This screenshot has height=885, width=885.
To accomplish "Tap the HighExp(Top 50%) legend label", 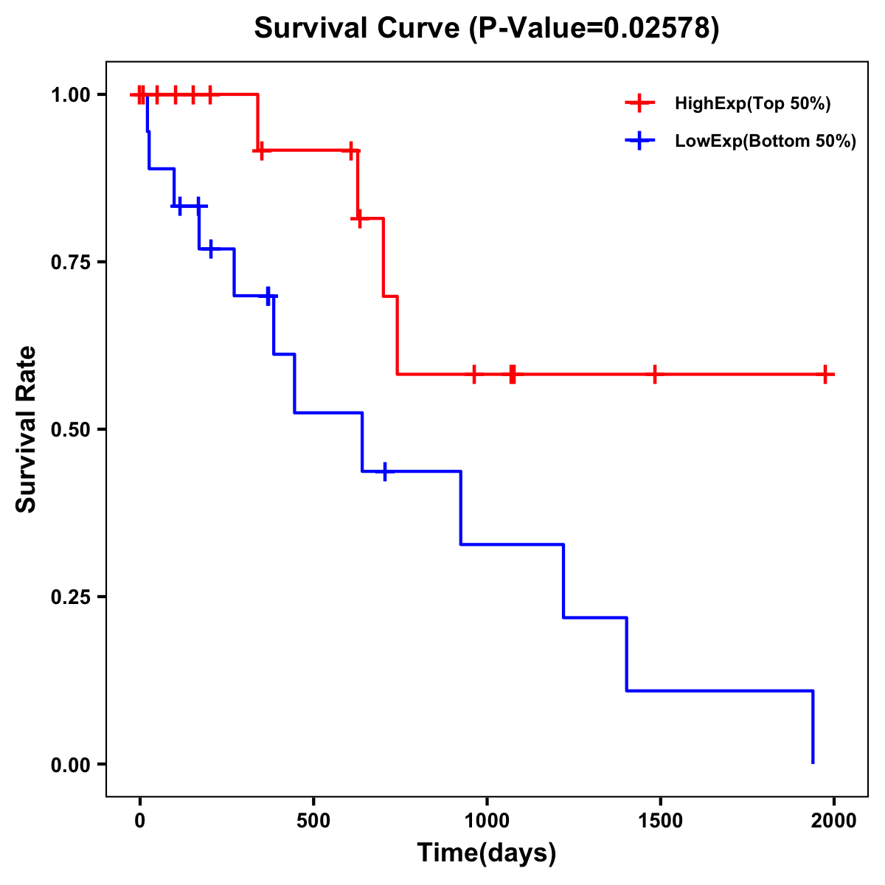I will tap(752, 104).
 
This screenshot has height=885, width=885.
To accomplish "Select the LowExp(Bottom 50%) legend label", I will tap(766, 142).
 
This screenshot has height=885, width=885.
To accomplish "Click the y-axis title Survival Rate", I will tap(27, 428).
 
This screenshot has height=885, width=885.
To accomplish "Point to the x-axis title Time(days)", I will tap(487, 853).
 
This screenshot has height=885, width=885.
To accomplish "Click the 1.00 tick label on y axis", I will tap(70, 95).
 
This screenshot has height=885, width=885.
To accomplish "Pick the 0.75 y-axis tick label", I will tap(70, 263).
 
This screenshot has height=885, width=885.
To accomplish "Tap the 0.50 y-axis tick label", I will tap(70, 430).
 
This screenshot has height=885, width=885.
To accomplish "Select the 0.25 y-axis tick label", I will tap(70, 597).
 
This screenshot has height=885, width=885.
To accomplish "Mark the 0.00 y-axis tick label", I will tap(70, 765).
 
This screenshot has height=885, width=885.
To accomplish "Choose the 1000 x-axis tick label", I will tap(487, 821).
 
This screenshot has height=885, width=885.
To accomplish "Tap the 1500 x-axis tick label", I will tap(660, 821).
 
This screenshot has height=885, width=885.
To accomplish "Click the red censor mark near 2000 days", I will tap(825, 375).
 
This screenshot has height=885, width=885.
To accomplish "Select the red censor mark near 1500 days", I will tap(654, 375).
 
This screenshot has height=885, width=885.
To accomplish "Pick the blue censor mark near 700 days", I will tap(384, 471).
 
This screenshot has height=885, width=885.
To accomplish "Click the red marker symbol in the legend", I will tap(639, 104).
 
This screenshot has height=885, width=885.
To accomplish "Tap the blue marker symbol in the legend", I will tap(639, 142).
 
